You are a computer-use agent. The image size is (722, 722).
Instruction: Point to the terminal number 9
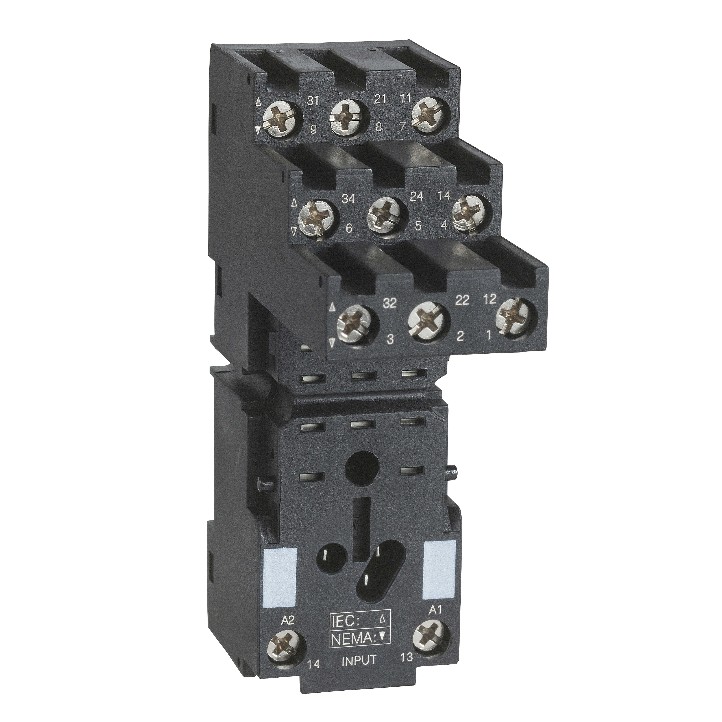coord(313,130)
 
